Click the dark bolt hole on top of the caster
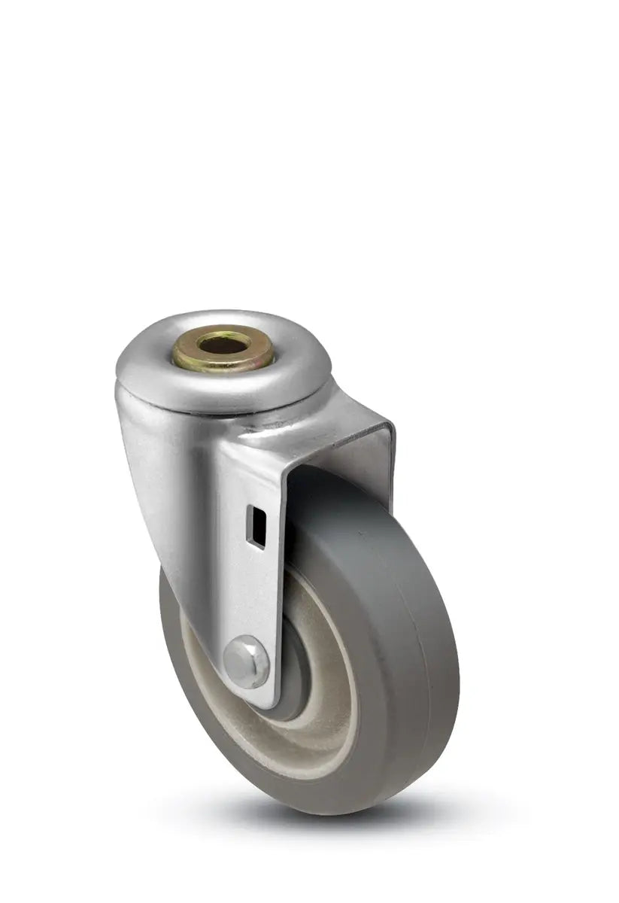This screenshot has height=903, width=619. point(223,345)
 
